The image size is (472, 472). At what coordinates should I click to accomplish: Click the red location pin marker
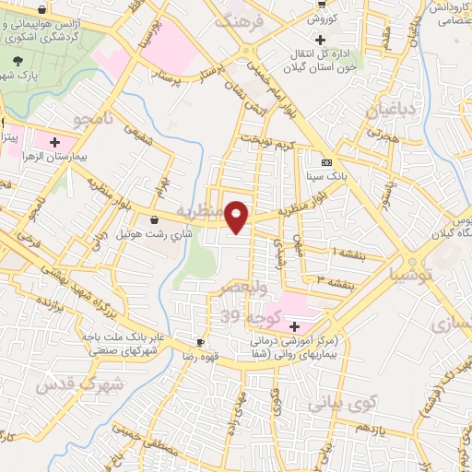click(238, 216)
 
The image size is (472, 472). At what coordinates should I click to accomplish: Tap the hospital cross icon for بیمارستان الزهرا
click(54, 142)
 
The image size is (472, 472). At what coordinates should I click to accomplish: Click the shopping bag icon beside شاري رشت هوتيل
click(152, 220)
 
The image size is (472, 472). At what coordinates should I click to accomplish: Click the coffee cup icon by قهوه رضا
click(202, 341)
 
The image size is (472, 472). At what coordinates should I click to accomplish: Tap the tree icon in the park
click(17, 59)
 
